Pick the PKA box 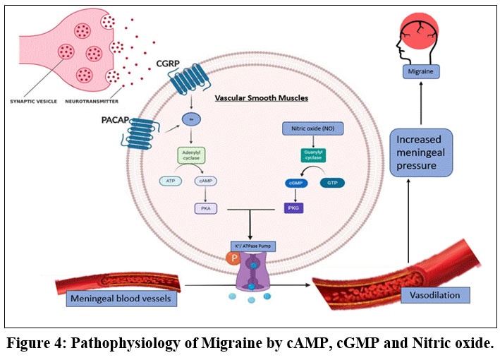click(x=205, y=208)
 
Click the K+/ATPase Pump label click(x=250, y=246)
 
